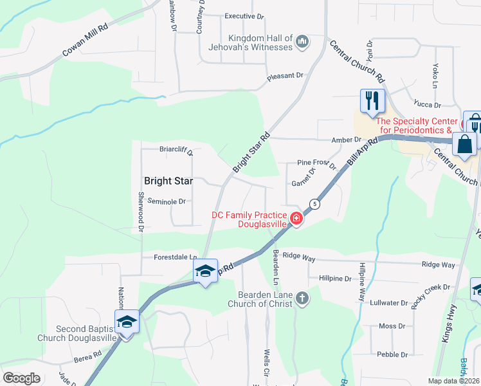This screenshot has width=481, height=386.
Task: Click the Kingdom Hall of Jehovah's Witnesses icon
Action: (x=303, y=43)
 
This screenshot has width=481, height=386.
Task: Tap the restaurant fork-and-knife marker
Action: (x=372, y=101)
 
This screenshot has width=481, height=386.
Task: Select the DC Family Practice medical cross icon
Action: (x=296, y=219)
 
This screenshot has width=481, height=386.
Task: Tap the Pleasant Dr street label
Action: (x=286, y=76)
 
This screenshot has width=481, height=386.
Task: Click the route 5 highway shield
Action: (x=314, y=204)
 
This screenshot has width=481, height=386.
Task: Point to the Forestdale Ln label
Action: (x=174, y=257)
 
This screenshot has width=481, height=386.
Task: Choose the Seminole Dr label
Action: (x=167, y=201)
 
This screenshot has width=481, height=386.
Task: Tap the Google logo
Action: (x=22, y=378)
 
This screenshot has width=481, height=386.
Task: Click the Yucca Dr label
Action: (x=428, y=105)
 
